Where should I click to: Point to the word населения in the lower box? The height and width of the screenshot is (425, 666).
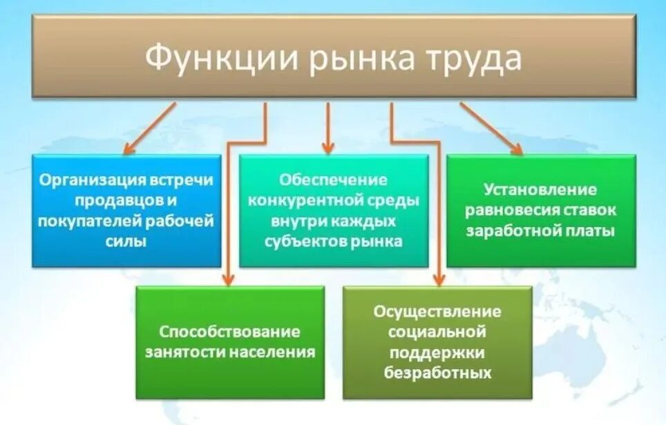(278, 352)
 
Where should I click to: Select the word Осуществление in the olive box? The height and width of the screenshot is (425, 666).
(437, 311)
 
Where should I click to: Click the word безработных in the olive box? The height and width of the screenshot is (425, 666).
(437, 373)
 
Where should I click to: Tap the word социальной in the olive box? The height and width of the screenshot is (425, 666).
(437, 332)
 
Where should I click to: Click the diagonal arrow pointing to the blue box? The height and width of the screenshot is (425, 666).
(149, 128)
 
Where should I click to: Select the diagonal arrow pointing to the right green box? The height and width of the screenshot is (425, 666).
(491, 128)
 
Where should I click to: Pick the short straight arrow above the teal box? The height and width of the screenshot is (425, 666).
(328, 128)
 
